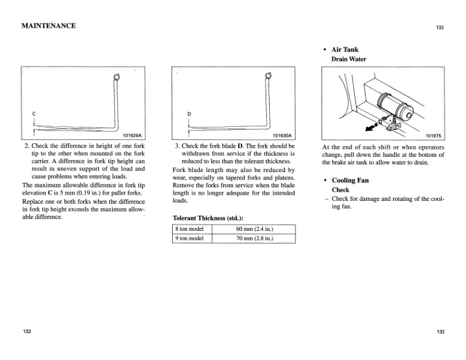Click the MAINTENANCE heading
pyautogui.click(x=48, y=26)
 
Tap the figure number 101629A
pyautogui.click(x=133, y=135)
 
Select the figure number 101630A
pyautogui.click(x=283, y=135)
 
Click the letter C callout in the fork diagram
pyautogui.click(x=34, y=113)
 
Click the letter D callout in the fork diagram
pyautogui.click(x=189, y=113)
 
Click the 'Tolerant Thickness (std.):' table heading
pyautogui.click(x=207, y=217)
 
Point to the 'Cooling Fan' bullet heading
pyautogui.click(x=350, y=180)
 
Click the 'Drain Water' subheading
pyautogui.click(x=349, y=59)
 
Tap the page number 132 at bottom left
pyautogui.click(x=28, y=332)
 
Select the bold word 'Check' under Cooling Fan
pyautogui.click(x=341, y=190)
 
